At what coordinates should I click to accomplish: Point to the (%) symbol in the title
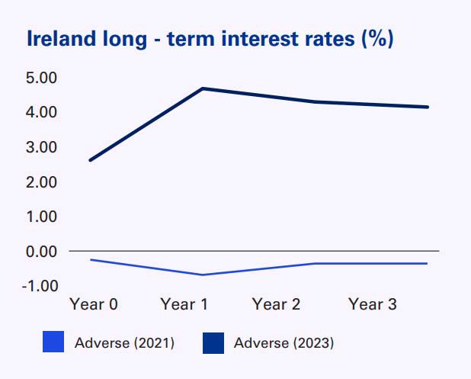[376, 39]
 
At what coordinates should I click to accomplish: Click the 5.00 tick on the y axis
[42, 78]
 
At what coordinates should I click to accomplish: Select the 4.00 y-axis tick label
[42, 112]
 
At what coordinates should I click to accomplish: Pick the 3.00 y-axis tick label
[42, 146]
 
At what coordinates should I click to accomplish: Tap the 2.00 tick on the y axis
[42, 181]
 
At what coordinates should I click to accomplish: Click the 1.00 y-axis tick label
[42, 217]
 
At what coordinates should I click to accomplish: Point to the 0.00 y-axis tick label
[42, 251]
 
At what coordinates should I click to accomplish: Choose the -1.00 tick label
[40, 285]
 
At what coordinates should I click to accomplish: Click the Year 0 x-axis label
[93, 305]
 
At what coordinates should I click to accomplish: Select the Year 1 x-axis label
[184, 305]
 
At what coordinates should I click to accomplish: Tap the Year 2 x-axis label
[276, 305]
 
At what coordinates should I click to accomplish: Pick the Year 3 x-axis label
[373, 305]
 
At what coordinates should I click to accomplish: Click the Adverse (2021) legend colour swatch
[53, 343]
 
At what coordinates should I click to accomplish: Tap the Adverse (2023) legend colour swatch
[213, 343]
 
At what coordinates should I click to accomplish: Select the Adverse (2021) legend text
[124, 343]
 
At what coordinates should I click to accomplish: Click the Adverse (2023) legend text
[284, 343]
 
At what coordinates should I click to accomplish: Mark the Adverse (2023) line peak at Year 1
[203, 88]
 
